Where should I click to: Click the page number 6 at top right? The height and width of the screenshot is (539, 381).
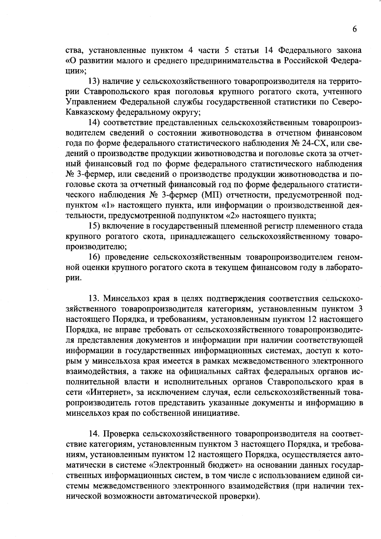(x=355, y=29)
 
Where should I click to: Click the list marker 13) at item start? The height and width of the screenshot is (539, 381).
(x=94, y=81)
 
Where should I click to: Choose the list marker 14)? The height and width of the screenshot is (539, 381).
(x=94, y=123)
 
